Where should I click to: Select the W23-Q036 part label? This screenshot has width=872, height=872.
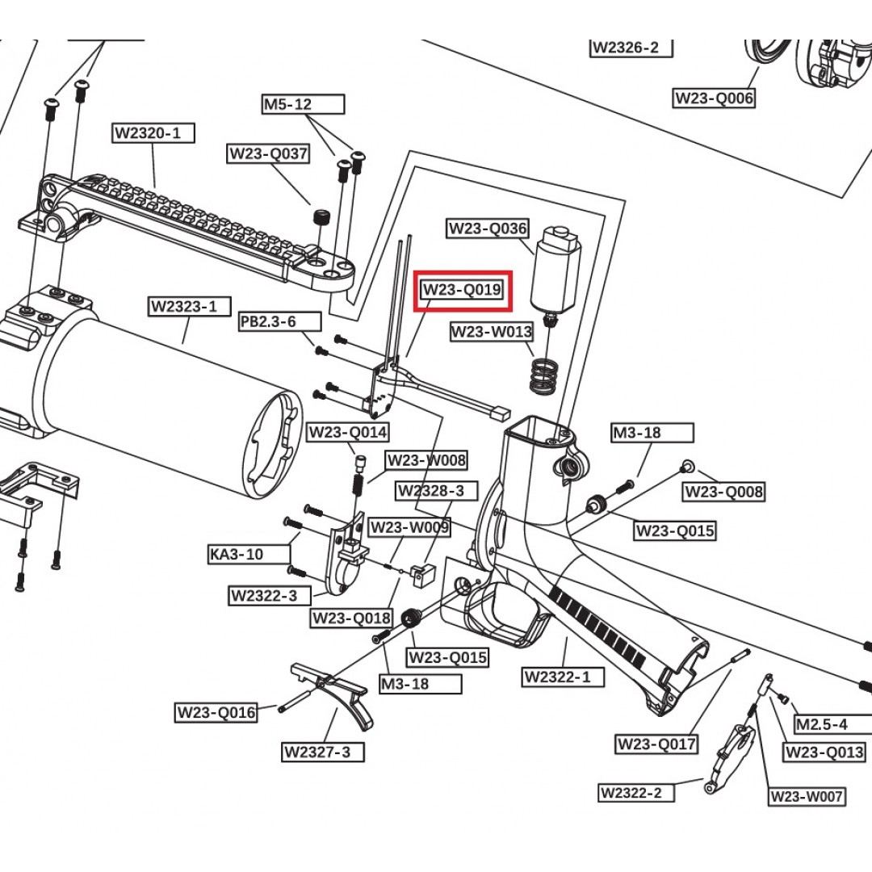point(488,228)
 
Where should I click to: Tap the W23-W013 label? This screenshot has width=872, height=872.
point(491,332)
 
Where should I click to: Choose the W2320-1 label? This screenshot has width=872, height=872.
point(153,133)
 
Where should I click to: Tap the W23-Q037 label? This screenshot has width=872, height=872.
point(268,153)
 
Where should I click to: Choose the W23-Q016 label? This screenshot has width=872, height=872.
point(216,712)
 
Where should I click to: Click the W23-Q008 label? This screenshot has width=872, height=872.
point(723,492)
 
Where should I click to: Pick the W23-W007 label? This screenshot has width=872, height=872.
point(807,797)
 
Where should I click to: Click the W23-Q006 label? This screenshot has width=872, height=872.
point(714,99)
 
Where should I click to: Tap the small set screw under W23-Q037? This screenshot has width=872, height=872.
point(321,218)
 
